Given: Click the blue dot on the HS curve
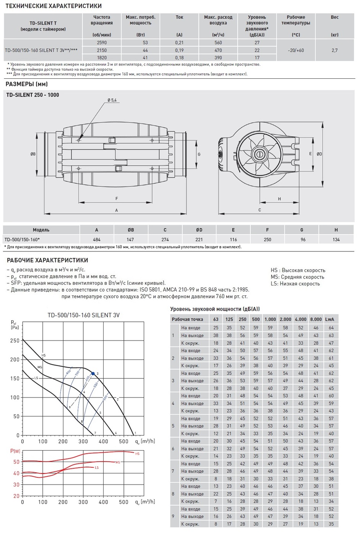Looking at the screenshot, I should [93, 373].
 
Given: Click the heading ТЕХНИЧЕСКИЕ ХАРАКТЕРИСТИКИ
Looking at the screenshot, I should [54, 6].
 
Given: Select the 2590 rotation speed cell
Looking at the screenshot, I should [102, 43].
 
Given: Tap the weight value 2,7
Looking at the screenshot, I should [334, 50].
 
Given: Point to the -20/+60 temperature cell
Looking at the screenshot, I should [295, 50].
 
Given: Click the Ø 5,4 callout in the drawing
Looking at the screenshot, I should [112, 100].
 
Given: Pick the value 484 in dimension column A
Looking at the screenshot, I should [97, 240].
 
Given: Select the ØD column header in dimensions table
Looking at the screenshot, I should [199, 230].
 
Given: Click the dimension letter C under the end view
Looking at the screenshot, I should [259, 210].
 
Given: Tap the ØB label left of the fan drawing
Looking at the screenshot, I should [33, 154].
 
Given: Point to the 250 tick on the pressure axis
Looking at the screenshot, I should [15, 340].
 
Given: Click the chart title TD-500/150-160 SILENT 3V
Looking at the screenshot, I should [83, 315].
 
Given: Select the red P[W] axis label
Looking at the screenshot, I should [15, 451].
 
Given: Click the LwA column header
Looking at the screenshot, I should [329, 319].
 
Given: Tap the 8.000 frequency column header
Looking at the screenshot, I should [316, 319].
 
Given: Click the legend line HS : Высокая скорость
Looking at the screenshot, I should [298, 270].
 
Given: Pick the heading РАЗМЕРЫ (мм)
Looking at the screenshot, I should [26, 84].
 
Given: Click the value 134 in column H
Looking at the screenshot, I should [336, 240].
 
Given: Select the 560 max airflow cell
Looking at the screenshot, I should [218, 43].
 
